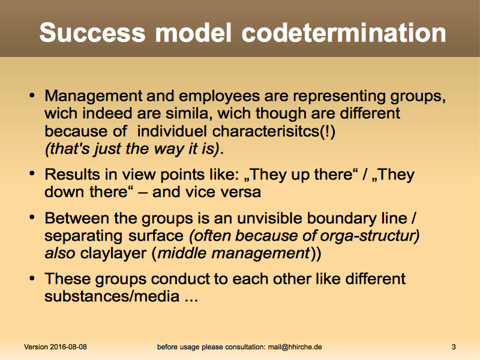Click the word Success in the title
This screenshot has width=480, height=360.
92,32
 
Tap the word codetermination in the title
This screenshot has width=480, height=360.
343,32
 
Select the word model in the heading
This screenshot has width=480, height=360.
193,32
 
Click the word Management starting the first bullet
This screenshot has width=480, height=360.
94,96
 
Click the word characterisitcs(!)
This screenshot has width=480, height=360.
274,131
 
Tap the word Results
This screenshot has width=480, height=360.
72,175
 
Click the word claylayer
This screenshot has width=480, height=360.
113,254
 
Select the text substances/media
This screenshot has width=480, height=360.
112,296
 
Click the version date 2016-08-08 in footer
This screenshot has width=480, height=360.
68,347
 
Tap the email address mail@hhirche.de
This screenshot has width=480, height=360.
295,347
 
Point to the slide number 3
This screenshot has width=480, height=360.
454,347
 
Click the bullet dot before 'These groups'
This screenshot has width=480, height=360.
32,278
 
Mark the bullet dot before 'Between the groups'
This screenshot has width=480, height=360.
32,218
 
